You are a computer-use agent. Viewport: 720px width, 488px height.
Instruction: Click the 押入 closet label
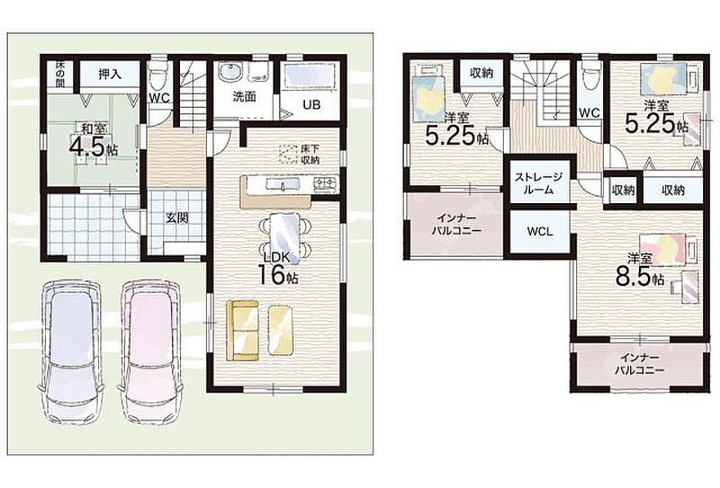point(110,74)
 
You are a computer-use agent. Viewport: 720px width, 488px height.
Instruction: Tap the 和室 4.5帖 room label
point(94,140)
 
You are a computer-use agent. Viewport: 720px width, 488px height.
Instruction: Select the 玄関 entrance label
point(176,217)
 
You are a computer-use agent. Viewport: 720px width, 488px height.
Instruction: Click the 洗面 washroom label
point(244,96)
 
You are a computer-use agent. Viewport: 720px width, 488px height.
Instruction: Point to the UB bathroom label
point(311,104)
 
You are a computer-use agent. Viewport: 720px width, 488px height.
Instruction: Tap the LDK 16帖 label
point(278,268)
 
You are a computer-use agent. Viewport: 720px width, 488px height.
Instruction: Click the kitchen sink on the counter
point(283,184)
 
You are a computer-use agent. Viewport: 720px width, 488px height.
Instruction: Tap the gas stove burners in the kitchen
point(325,184)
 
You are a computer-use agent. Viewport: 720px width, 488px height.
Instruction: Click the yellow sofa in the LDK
point(243,330)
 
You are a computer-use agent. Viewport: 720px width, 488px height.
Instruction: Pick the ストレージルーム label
point(538,183)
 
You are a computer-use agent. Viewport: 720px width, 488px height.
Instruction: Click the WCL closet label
point(540,232)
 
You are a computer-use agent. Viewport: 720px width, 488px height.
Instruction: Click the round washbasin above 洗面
point(229,72)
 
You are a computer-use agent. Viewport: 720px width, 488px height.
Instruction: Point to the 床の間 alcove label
point(60,74)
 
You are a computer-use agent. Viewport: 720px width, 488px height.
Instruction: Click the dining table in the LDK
point(284,238)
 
